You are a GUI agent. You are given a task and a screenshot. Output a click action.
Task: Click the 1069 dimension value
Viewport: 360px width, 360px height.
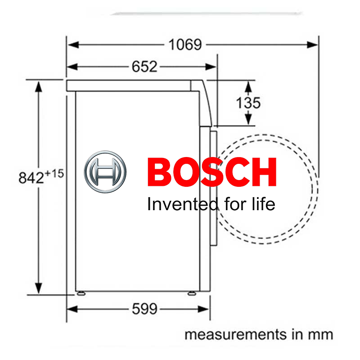185,45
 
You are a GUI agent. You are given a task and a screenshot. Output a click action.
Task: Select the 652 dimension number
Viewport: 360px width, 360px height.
144,67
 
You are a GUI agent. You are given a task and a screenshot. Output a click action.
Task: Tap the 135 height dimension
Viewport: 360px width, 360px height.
248,103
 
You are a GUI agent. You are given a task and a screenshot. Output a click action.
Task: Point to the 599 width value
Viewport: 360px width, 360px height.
144,309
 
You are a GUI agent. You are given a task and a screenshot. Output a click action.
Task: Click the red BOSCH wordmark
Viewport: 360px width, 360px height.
211,172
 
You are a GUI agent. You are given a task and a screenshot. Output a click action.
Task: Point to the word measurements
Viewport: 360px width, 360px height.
229,335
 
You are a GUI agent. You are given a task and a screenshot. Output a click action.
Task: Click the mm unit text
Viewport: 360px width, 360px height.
323,335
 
